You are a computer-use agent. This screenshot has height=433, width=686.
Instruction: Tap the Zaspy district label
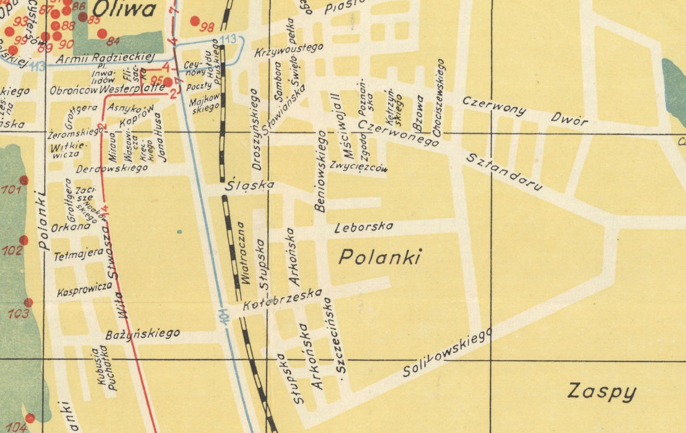coord(601,392)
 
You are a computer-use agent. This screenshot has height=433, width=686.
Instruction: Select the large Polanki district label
coord(380,257)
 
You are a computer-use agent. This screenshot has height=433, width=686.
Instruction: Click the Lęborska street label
coord(363,227)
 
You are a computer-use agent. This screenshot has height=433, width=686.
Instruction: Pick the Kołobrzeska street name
coord(282,300)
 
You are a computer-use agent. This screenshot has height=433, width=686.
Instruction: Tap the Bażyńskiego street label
coord(143,334)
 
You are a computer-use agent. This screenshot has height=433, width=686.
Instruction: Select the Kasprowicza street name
coord(84,289)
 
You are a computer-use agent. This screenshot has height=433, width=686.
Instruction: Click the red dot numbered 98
coord(195,21)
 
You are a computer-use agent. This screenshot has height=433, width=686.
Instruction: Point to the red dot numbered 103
coord(28,302)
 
